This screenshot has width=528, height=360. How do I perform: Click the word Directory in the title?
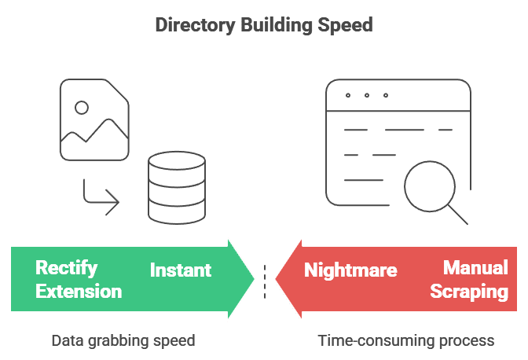pyautogui.click(x=189, y=24)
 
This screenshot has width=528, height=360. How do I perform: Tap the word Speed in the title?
pyautogui.click(x=346, y=24)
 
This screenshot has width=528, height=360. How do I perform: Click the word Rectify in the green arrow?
pyautogui.click(x=67, y=268)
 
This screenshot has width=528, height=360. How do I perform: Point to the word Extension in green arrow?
pyautogui.click(x=79, y=292)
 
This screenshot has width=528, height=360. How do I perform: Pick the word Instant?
pyautogui.click(x=181, y=270)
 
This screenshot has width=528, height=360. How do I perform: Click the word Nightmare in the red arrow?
pyautogui.click(x=350, y=270)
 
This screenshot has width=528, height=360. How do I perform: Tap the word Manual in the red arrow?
pyautogui.click(x=475, y=268)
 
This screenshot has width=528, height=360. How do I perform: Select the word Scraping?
pyautogui.click(x=469, y=292)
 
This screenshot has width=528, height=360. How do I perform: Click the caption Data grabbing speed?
pyautogui.click(x=123, y=341)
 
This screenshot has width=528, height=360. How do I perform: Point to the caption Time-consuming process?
pyautogui.click(x=406, y=341)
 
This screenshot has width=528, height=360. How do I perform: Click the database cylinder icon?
pyautogui.click(x=177, y=188)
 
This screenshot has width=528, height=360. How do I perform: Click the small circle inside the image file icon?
pyautogui.click(x=81, y=107)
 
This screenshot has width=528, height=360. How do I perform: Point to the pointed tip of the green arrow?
pyautogui.click(x=255, y=279)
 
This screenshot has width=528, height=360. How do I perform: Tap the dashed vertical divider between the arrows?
pyautogui.click(x=265, y=280)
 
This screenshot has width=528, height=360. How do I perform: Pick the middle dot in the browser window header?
pyautogui.click(x=366, y=96)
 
